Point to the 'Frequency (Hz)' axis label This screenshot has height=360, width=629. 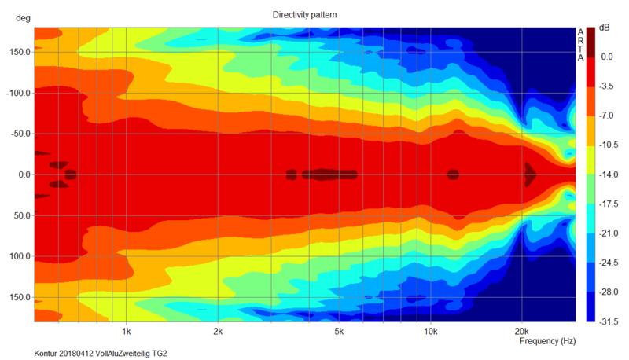point(548,342)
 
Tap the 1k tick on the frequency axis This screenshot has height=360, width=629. point(126,330)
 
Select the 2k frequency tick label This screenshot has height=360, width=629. point(217,330)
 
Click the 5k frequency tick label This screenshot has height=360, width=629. point(339,330)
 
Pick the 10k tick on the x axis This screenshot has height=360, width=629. point(430,330)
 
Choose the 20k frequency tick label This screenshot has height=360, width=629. point(521,330)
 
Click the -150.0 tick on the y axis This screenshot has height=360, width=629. point(18,53)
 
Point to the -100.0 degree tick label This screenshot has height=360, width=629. point(18,94)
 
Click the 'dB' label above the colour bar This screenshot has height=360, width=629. point(605,28)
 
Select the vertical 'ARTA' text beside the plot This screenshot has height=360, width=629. point(580,45)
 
